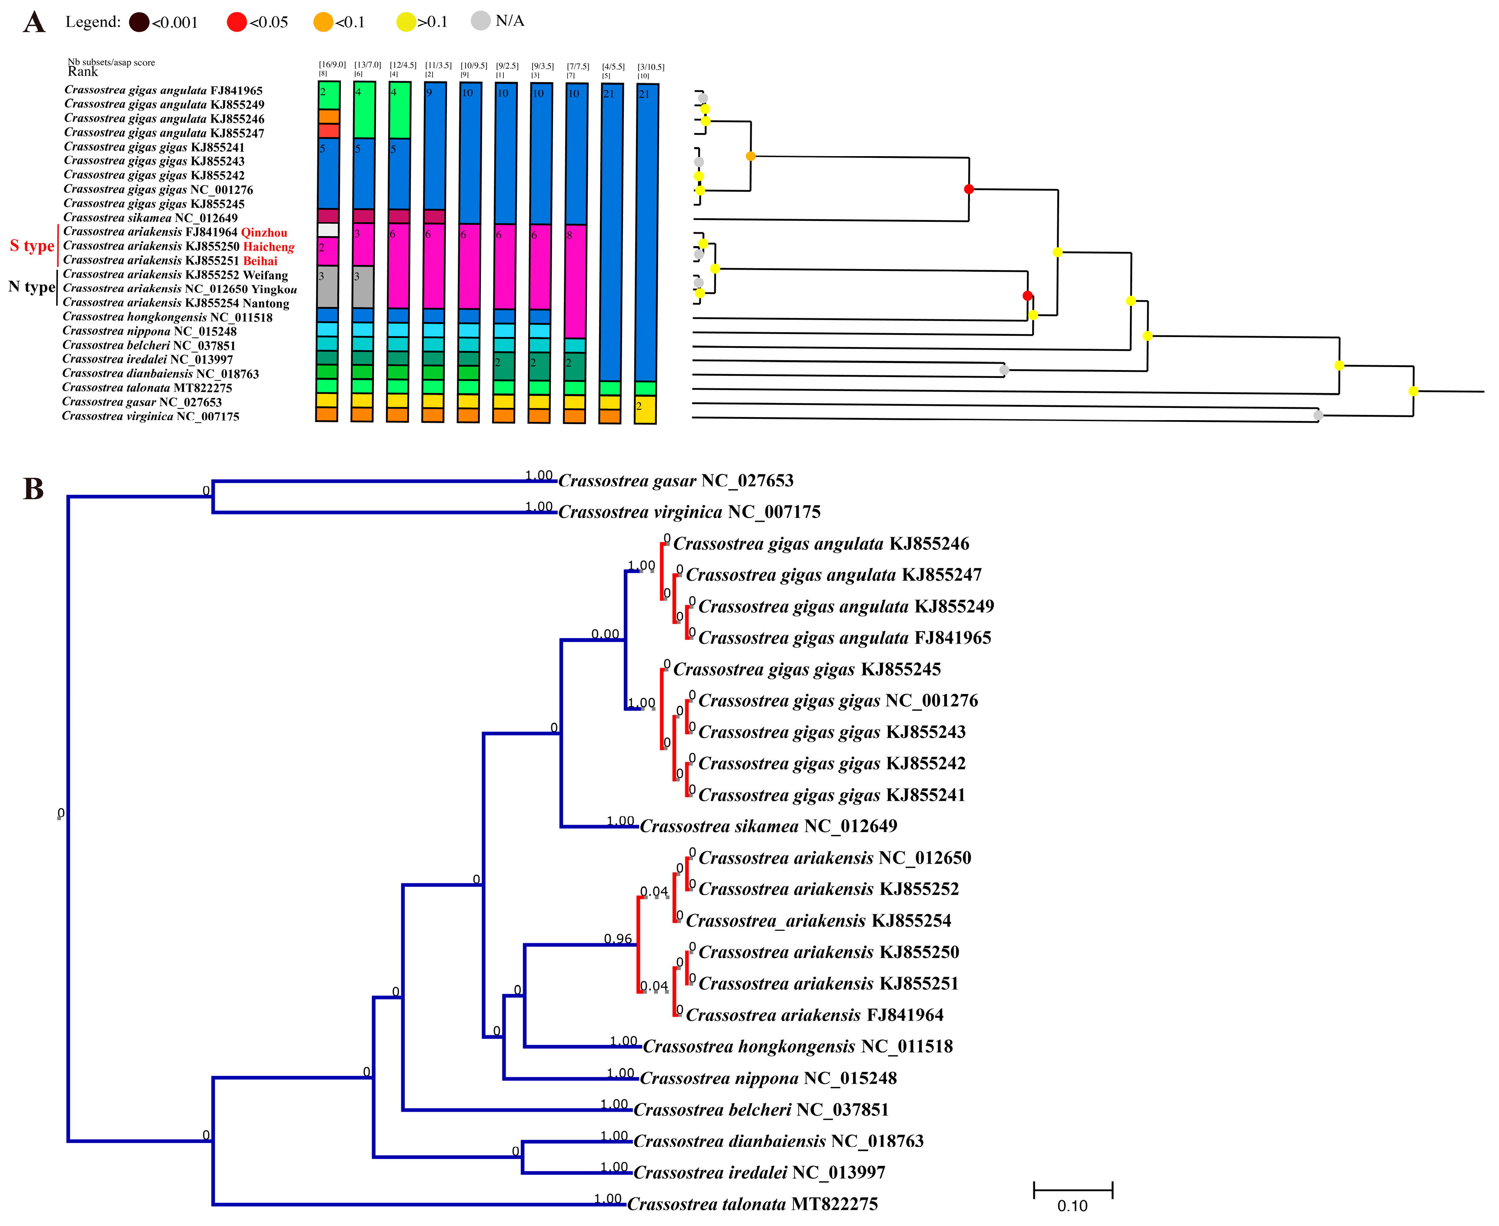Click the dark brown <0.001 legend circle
[139, 23]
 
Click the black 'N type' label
[31, 287]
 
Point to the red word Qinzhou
[264, 232]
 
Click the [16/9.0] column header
[332, 65]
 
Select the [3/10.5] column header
[650, 67]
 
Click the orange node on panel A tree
[750, 156]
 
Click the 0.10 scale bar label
[1072, 1206]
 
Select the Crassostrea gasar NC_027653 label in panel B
[676, 481]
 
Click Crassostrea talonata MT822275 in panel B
[752, 1204]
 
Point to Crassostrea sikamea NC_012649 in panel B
[768, 826]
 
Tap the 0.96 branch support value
[618, 939]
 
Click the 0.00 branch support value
[605, 634]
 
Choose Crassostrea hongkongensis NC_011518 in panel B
[798, 1047]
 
